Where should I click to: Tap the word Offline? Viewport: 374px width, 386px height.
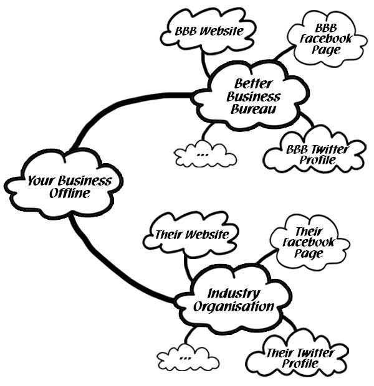[70, 194]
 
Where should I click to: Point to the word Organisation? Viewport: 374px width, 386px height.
[233, 306]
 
